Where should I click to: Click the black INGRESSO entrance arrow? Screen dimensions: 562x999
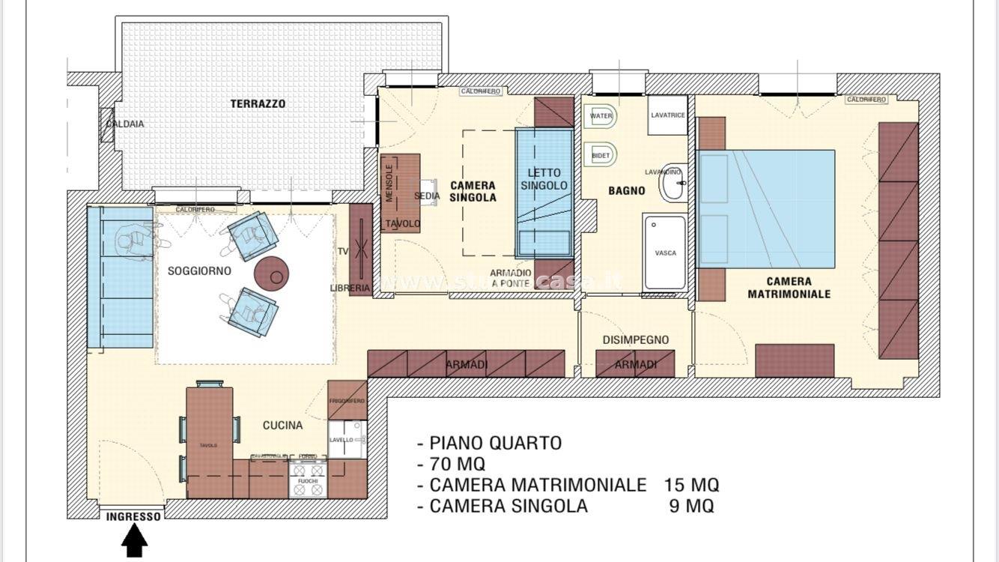click(134, 538)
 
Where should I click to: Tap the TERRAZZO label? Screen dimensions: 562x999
click(258, 104)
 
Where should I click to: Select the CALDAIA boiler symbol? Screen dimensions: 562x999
click(107, 124)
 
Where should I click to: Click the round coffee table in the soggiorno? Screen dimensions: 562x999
click(272, 274)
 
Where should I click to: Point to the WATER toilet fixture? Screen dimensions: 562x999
click(601, 116)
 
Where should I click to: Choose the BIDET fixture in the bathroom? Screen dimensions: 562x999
click(601, 155)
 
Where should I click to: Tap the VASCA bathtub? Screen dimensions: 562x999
click(665, 253)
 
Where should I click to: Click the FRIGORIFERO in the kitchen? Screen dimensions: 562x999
click(347, 401)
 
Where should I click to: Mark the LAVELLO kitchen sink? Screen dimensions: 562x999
click(347, 440)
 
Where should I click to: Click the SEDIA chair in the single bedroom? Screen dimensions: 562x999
click(428, 192)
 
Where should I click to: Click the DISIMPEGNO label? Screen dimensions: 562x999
click(635, 339)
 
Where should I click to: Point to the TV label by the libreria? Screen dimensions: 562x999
click(343, 251)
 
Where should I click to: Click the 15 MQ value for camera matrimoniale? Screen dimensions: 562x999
click(690, 485)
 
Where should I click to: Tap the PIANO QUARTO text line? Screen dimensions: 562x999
click(496, 443)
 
